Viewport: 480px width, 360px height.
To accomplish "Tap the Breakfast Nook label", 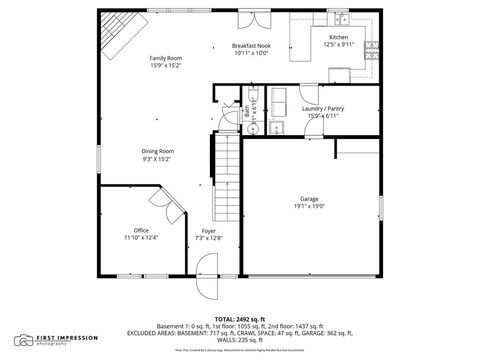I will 251,46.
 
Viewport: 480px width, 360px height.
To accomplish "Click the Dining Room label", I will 157,151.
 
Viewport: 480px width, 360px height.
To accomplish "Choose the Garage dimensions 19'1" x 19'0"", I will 310,206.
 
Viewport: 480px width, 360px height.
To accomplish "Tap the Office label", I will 140,230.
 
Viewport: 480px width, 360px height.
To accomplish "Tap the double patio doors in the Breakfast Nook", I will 251,19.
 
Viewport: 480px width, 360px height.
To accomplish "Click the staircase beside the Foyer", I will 228,161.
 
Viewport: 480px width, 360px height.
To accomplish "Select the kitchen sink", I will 342,20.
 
